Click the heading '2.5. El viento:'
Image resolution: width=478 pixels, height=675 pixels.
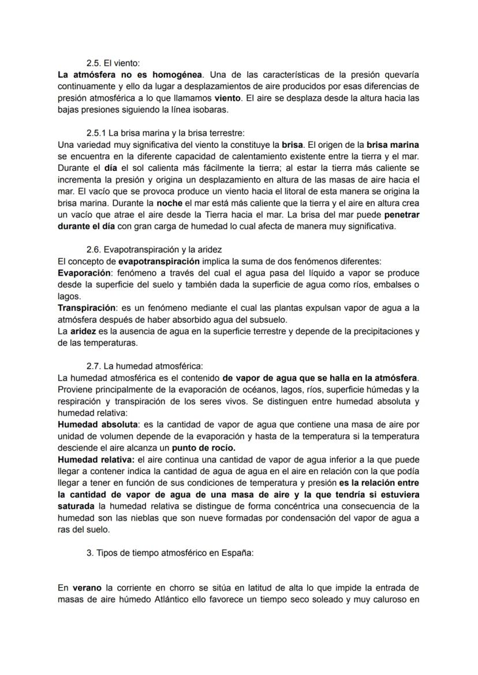tap(113, 64)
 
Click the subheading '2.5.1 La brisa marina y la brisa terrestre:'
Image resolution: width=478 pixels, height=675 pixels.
tap(165, 133)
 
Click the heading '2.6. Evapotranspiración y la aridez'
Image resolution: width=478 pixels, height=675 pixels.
tap(154, 249)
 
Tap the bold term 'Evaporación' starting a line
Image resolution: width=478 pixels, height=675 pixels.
tap(82, 273)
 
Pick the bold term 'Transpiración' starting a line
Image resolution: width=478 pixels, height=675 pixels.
tap(85, 308)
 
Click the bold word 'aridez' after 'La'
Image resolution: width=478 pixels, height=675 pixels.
tap(83, 331)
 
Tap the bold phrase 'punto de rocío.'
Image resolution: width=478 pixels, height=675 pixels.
tap(204, 447)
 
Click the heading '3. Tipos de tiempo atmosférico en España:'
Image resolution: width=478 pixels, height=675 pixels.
tap(170, 553)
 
